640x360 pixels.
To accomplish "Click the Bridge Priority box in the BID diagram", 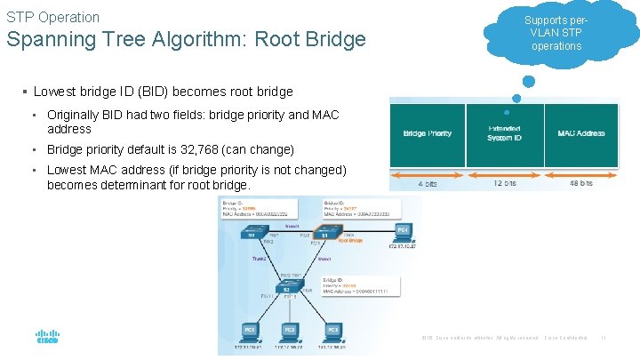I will tap(427, 134).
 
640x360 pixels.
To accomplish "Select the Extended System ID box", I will tap(504, 134).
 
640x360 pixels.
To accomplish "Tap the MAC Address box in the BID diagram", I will tap(581, 134).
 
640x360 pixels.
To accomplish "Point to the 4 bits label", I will tap(428, 183).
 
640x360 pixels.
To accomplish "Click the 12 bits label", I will tap(504, 183).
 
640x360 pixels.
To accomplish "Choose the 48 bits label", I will tap(581, 183).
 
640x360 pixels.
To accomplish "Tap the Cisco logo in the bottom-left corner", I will tap(47, 337).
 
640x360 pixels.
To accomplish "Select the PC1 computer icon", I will tap(251, 331).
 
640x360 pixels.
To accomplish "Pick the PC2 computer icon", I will tap(290, 331).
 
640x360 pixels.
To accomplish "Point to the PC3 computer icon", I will tap(332, 331).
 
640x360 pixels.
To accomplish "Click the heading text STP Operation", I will tap(53, 17).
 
